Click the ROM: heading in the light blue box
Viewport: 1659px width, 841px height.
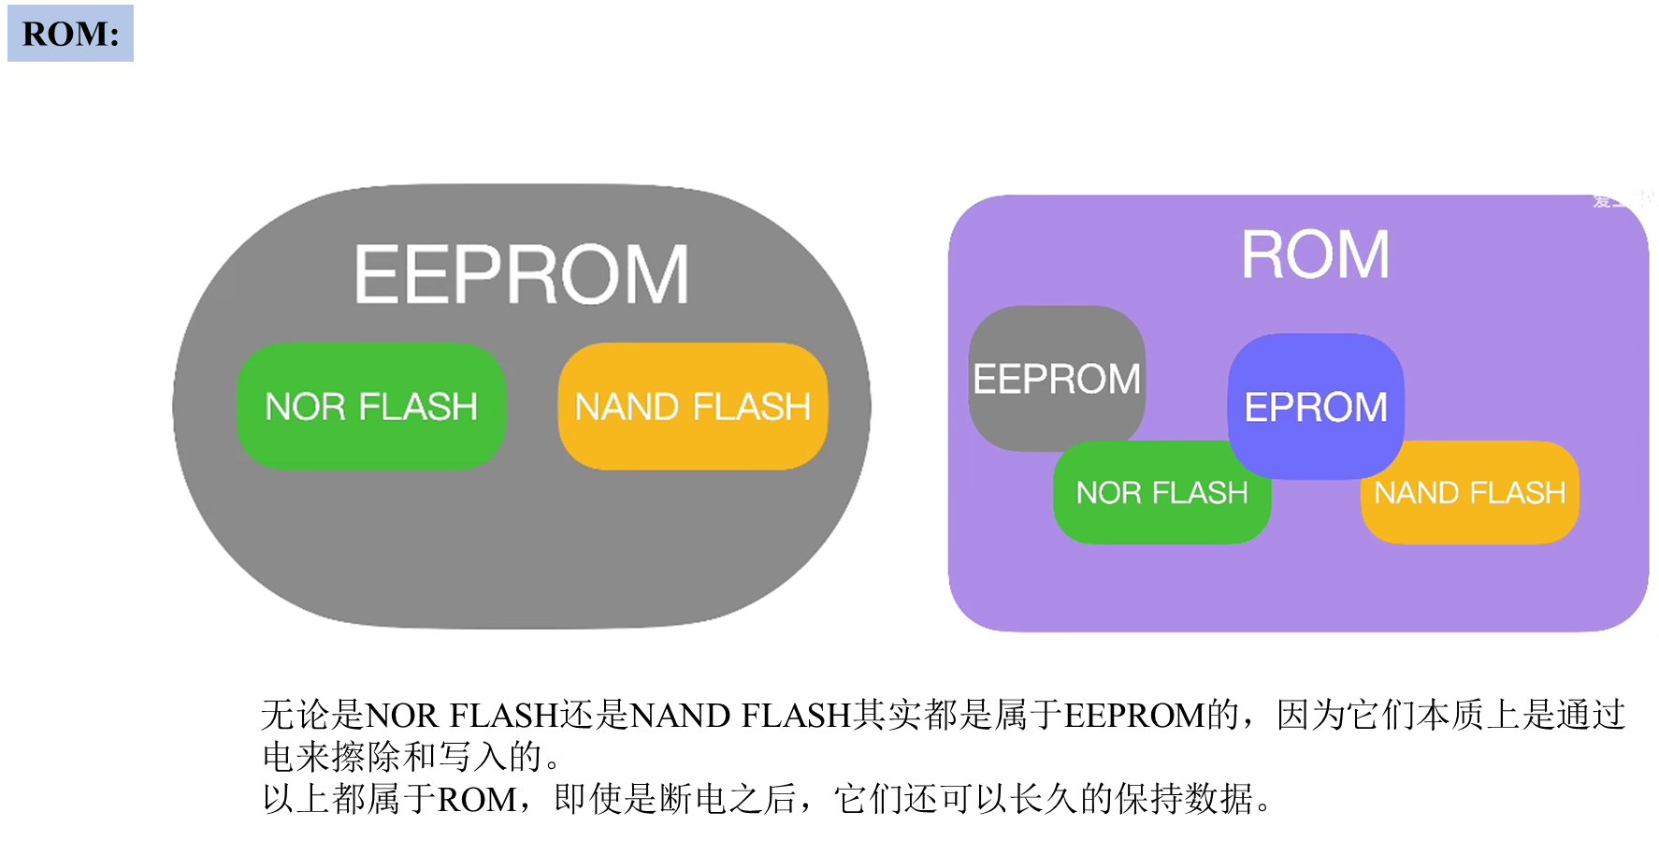click(70, 34)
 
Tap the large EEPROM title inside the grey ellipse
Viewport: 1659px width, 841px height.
click(522, 275)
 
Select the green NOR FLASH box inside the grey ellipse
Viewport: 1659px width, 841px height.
click(371, 406)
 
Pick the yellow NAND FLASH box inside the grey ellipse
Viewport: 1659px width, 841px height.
click(692, 406)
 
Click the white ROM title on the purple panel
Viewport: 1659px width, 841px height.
click(1315, 254)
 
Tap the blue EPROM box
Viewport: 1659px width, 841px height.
click(1316, 406)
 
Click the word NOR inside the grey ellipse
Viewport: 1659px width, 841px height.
click(306, 407)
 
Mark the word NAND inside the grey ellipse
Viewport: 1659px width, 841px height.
click(627, 407)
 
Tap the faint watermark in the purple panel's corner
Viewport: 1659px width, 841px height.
click(1620, 200)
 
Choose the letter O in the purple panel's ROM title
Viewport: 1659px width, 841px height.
click(1315, 254)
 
